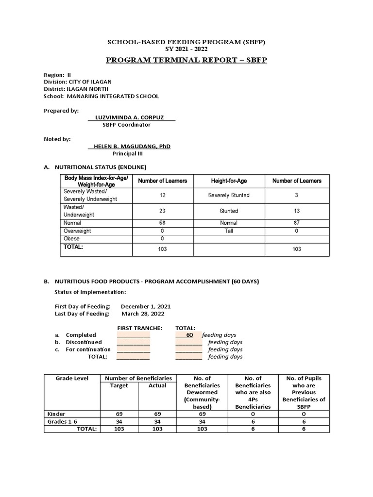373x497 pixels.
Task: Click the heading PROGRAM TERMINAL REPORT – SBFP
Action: point(186,60)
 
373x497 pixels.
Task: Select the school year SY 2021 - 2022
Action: point(186,50)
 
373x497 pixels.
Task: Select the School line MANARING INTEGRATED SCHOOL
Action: point(101,96)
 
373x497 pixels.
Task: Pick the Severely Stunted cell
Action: point(229,195)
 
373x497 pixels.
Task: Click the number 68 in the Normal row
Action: point(162,223)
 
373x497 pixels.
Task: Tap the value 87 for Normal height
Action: point(297,223)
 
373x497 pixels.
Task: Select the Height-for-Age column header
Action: point(229,181)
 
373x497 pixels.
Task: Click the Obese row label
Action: point(72,239)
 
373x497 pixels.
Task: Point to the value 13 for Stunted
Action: point(297,211)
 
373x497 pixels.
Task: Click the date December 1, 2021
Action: point(146,307)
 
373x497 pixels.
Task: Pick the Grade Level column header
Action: point(72,378)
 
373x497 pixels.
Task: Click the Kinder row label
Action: point(56,414)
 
